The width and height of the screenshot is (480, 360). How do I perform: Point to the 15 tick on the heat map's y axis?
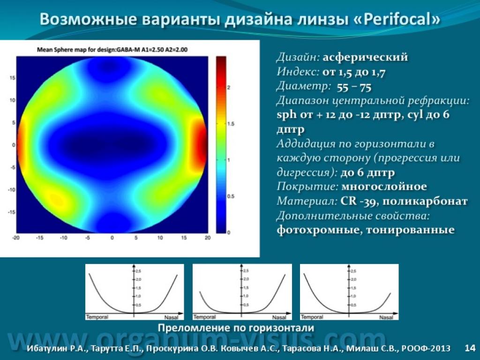coord(12,78)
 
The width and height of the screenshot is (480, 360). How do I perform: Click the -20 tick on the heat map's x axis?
coord(15,238)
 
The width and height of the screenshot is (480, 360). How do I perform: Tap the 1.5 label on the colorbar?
coord(231,124)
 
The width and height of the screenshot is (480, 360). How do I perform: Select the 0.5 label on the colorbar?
coord(231,196)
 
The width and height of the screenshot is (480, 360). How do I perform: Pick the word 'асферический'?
coord(365,57)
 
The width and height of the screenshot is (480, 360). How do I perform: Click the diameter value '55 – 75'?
coord(354,88)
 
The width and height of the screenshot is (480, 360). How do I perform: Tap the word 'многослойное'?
coord(384,187)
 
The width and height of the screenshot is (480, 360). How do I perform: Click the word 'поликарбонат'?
coord(425,202)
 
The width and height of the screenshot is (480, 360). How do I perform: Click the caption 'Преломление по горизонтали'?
coord(236,328)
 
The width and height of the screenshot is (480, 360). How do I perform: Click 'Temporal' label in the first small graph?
coord(97,317)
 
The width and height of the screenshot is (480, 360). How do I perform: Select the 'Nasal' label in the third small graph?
coord(386,317)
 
